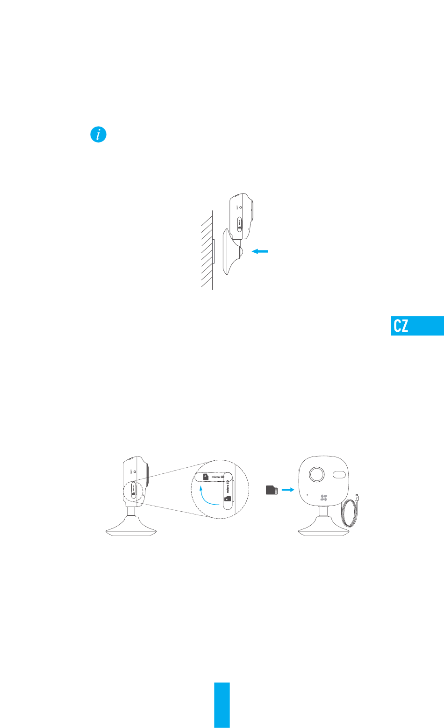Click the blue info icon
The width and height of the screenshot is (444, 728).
pyautogui.click(x=98, y=136)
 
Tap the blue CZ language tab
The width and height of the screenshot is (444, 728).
pyautogui.click(x=417, y=326)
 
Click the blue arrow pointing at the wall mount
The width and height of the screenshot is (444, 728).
pyautogui.click(x=260, y=251)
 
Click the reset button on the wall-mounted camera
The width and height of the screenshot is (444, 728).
pyautogui.click(x=241, y=206)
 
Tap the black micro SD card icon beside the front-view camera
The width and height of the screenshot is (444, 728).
pyautogui.click(x=272, y=490)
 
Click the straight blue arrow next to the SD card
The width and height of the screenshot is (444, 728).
pyautogui.click(x=288, y=490)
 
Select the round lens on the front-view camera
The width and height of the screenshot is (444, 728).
pyautogui.click(x=316, y=475)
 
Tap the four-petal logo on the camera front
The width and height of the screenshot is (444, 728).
pyautogui.click(x=323, y=498)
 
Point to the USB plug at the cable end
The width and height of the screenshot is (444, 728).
pyautogui.click(x=357, y=498)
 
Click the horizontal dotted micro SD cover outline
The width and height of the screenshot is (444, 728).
pyautogui.click(x=213, y=477)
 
